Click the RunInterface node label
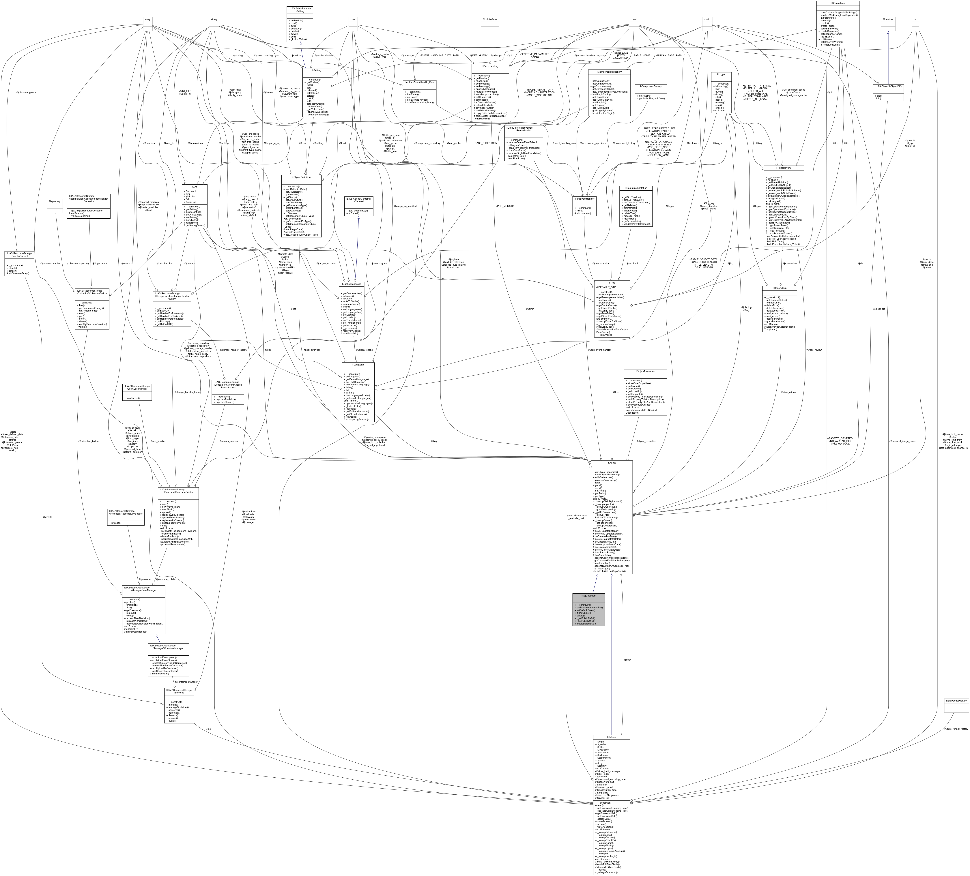point(489,19)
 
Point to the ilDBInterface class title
point(838,3)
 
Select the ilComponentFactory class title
point(651,87)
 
